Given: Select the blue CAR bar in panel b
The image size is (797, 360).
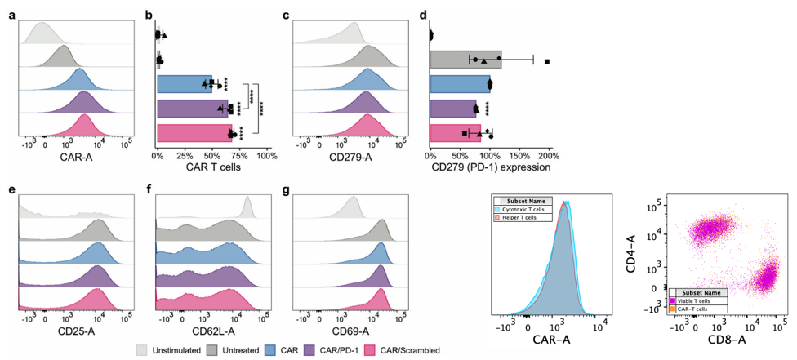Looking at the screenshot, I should [x=184, y=84].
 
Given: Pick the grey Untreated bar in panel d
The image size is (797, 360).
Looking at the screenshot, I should [x=465, y=60].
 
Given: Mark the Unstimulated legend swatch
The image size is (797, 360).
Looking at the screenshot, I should [x=141, y=349].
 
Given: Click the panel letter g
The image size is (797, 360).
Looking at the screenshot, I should [x=285, y=190].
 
